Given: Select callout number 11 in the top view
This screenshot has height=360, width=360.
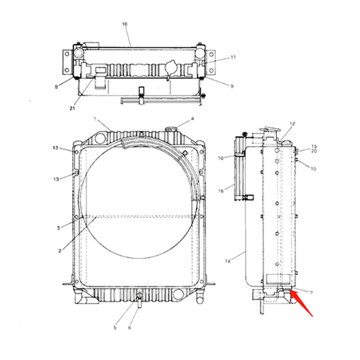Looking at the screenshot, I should [x=233, y=57].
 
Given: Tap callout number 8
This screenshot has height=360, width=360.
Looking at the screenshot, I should [x=56, y=87].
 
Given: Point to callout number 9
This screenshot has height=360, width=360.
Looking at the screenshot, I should [x=232, y=86].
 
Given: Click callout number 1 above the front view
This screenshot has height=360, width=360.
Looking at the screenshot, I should [x=95, y=119].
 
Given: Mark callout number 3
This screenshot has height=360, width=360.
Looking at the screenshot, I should [x=58, y=228].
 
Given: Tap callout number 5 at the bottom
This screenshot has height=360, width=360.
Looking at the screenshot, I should [x=115, y=328].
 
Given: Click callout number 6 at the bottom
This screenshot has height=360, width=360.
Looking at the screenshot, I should [x=130, y=328].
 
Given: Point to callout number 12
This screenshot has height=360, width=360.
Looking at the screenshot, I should [x=292, y=123].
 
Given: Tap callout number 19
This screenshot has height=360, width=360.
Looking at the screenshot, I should [x=315, y=147].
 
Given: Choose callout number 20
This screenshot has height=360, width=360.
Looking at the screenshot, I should [x=315, y=151].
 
